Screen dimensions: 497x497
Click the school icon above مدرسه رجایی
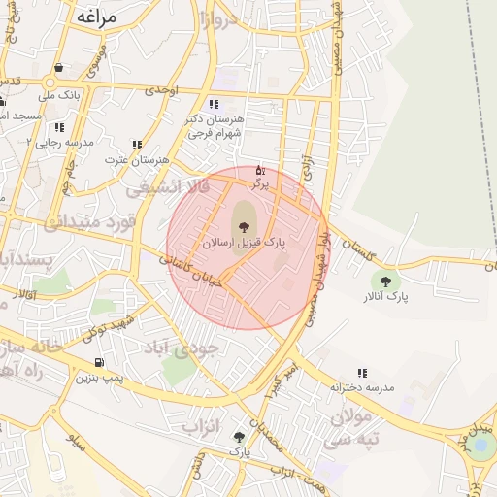59,127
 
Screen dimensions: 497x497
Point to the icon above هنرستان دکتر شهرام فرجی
213,105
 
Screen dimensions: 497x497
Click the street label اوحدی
161,89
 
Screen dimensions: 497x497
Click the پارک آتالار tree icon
385,282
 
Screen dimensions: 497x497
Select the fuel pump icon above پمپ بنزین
98,362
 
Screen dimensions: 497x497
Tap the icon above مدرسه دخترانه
362,373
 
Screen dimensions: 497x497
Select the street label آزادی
308,161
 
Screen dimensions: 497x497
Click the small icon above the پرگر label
259,170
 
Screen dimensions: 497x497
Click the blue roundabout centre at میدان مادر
480,445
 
